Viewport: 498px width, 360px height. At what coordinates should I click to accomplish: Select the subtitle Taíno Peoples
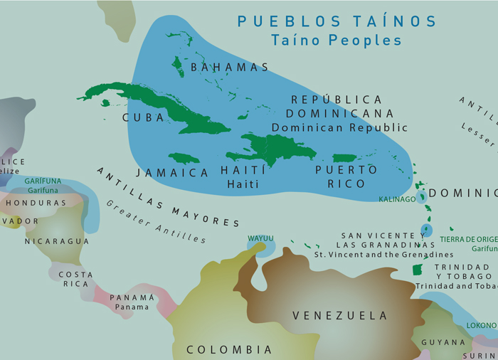337,41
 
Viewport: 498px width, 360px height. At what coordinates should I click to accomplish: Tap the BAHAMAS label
230,68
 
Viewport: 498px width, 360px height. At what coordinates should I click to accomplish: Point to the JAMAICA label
172,173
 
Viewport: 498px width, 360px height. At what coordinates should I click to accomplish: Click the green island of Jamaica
184,158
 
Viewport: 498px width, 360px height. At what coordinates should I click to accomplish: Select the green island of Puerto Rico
344,158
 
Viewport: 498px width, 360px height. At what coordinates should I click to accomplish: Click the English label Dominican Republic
339,128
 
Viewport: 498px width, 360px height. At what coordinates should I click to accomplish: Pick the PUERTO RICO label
346,176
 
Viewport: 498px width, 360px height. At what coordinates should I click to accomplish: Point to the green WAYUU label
260,238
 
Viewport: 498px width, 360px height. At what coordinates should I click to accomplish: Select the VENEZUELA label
339,315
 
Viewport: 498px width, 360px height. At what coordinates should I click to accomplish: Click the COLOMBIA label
229,349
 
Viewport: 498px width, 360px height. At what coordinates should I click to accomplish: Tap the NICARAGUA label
57,241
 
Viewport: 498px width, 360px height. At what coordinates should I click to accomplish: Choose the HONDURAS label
36,203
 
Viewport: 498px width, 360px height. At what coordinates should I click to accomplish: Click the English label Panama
132,307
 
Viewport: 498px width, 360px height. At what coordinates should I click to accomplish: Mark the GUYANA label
443,342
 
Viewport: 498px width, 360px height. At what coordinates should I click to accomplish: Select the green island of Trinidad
418,270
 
